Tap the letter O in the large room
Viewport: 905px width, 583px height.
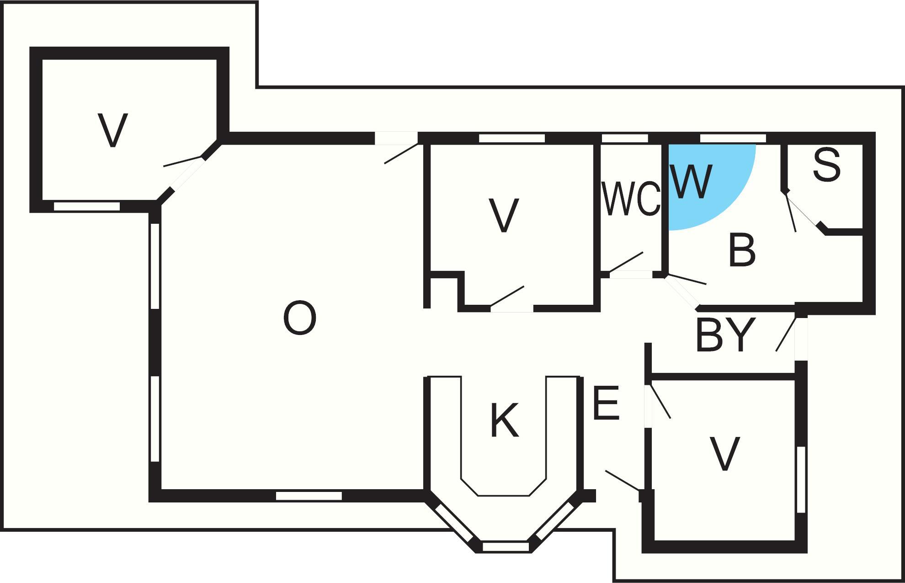[x=300, y=319]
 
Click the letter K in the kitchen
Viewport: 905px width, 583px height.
[x=504, y=420]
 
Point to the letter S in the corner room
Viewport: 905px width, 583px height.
[x=827, y=165]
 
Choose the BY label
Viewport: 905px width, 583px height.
[x=724, y=335]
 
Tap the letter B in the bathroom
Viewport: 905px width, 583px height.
[x=742, y=249]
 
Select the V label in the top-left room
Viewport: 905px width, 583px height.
[x=112, y=130]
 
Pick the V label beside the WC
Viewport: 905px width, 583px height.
[x=504, y=216]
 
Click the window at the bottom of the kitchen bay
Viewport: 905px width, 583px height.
[x=505, y=546]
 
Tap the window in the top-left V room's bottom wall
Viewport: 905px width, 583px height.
[x=87, y=206]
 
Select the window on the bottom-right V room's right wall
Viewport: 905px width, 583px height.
[x=801, y=479]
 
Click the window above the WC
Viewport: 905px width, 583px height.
[x=625, y=138]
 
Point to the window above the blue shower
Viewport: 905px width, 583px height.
[x=733, y=138]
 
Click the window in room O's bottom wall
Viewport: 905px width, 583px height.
[x=309, y=496]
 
